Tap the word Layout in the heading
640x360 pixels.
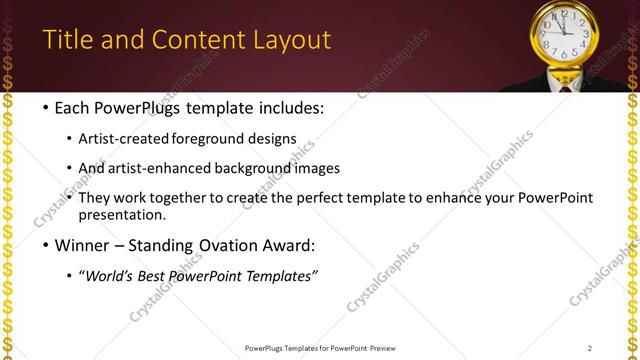point(291,40)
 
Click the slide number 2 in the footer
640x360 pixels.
point(590,348)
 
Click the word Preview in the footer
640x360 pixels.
point(388,348)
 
